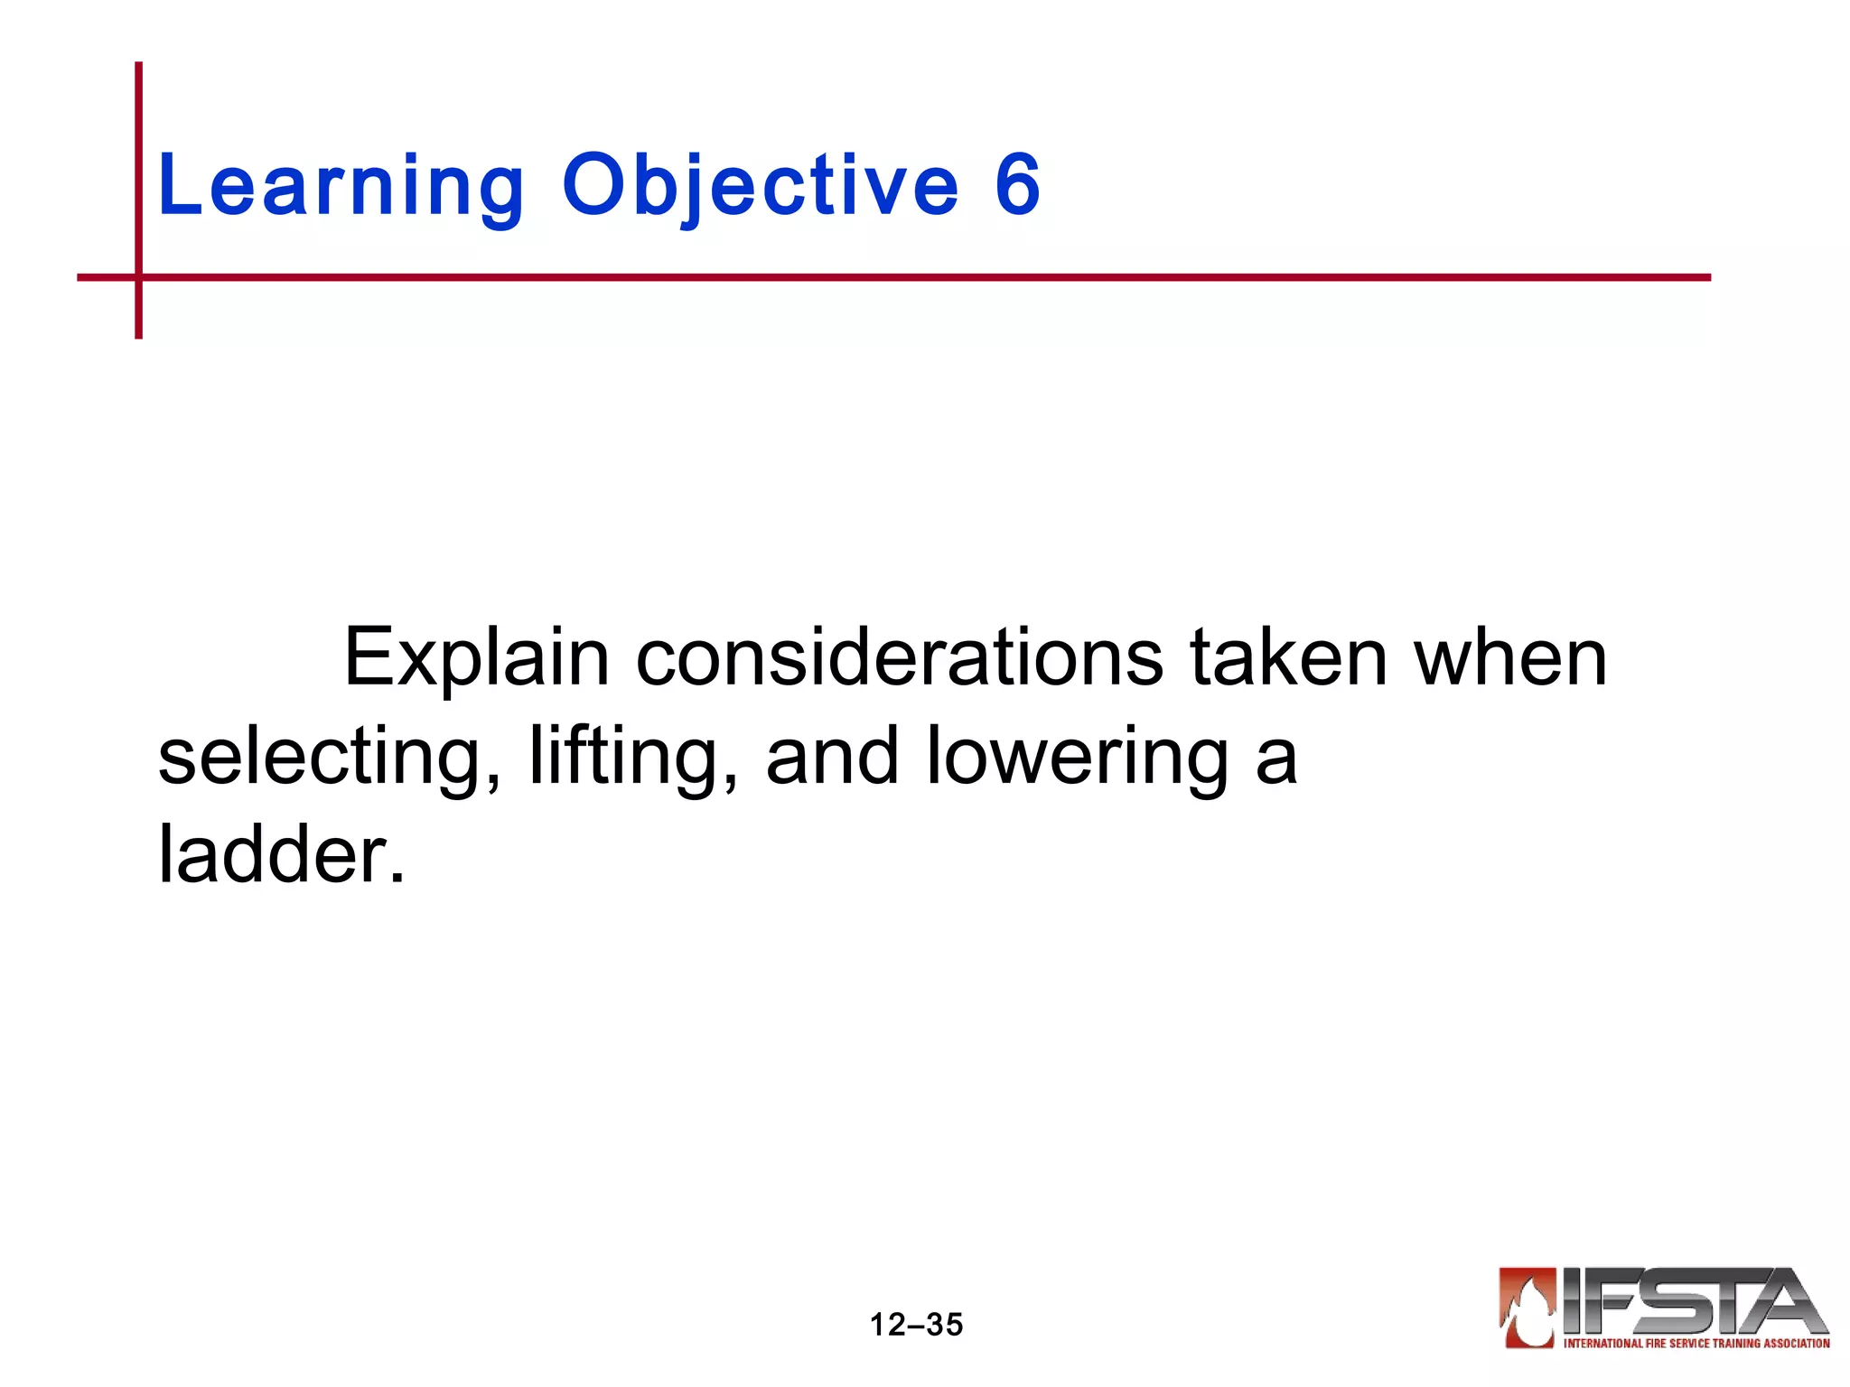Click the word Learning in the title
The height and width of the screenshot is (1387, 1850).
341,186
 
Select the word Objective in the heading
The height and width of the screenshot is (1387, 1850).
760,186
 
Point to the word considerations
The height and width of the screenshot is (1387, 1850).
900,657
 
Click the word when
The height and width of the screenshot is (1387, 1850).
1511,657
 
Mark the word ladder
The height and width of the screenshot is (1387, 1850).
281,854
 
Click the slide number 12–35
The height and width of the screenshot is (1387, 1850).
916,1325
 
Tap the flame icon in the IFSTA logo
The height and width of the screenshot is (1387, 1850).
1528,1308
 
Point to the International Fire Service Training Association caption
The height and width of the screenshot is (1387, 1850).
1696,1344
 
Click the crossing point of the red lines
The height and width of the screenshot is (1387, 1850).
139,277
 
